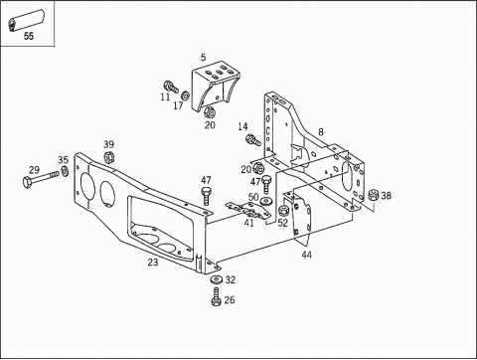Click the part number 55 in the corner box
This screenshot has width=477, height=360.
28,37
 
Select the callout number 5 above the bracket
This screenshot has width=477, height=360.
203,59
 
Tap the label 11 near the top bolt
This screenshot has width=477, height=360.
165,97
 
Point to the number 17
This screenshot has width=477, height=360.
178,105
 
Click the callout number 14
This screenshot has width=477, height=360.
242,126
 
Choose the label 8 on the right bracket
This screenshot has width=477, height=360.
320,131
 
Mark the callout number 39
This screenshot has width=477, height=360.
108,144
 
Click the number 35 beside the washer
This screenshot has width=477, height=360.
64,159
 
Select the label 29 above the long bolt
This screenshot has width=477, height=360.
34,171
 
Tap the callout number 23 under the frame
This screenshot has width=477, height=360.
152,264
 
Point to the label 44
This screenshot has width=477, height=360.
306,256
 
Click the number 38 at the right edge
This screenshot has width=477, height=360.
386,196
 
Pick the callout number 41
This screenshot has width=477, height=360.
248,223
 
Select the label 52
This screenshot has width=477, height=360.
282,223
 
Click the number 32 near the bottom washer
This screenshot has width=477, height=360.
230,281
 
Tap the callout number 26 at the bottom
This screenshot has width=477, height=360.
230,300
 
